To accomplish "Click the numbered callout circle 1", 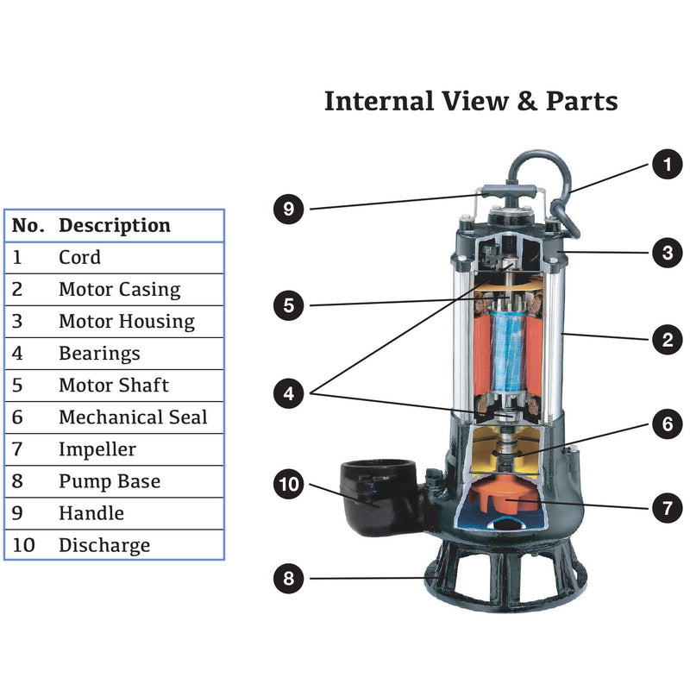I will pyautogui.click(x=666, y=164).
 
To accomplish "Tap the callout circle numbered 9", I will pyautogui.click(x=289, y=209).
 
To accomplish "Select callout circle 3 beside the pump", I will pyautogui.click(x=666, y=253).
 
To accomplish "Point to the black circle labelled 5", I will pyautogui.click(x=289, y=304).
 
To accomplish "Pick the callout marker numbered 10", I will pyautogui.click(x=289, y=485).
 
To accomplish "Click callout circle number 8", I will pyautogui.click(x=289, y=579).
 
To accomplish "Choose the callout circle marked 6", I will pyautogui.click(x=666, y=424).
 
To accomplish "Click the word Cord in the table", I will pyautogui.click(x=79, y=257).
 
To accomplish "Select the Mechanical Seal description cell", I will pyautogui.click(x=133, y=417).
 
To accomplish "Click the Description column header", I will pyautogui.click(x=115, y=226).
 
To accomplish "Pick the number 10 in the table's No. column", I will pyautogui.click(x=23, y=545).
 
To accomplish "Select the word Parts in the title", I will pyautogui.click(x=581, y=101).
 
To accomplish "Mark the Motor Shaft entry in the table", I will pyautogui.click(x=114, y=386).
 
